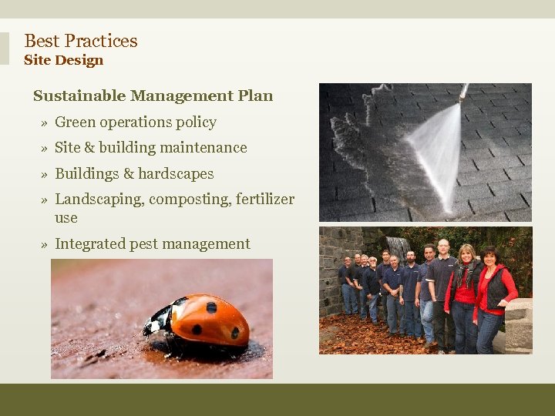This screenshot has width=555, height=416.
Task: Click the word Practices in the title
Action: coord(101,41)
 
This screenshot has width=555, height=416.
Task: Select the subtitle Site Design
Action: coord(63,60)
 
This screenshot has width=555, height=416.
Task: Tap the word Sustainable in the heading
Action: coord(79,96)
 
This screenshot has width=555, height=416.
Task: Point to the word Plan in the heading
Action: coord(257,96)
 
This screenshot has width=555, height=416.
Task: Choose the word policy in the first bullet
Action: coord(197,122)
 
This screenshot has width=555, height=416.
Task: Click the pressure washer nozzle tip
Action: coord(463,95)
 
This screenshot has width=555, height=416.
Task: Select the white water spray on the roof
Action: coord(436,150)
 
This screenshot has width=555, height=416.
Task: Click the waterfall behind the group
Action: coord(396,247)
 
